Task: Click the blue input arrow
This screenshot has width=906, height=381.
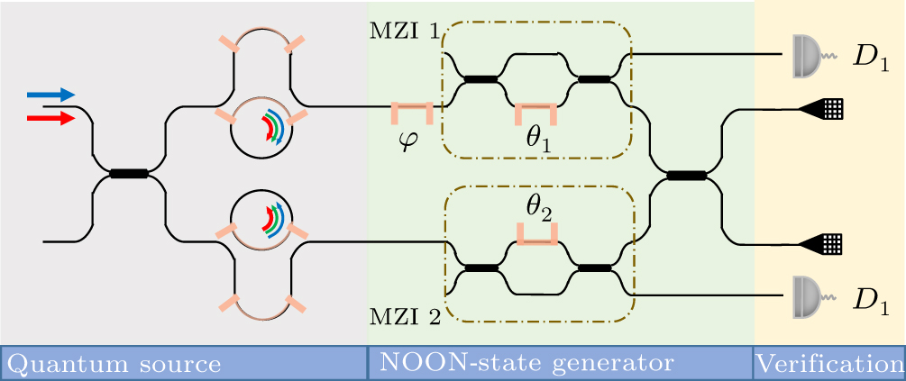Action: (50, 95)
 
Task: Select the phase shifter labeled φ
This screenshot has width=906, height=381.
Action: (412, 111)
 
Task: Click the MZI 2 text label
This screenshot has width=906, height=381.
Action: (405, 318)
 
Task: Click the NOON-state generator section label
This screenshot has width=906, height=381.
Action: (526, 364)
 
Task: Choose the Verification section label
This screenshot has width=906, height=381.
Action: (828, 364)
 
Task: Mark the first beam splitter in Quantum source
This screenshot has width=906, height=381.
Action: (128, 174)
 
